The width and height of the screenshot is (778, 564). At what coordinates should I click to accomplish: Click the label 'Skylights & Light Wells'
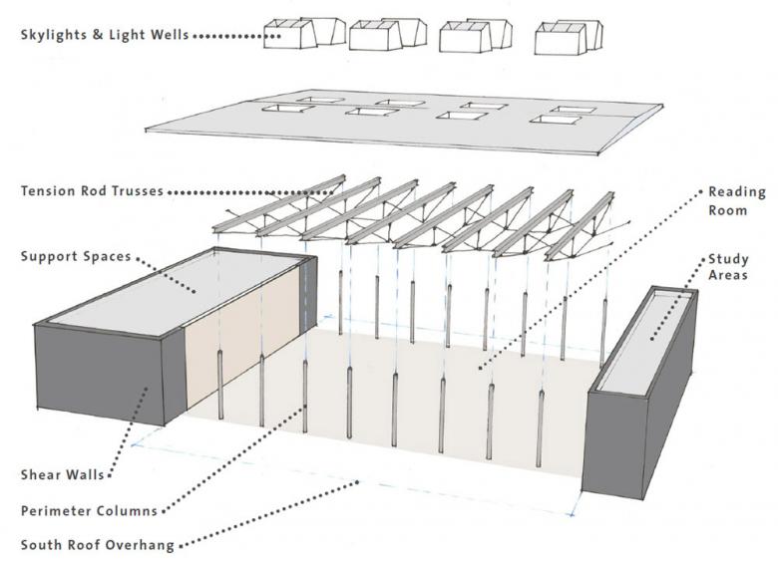click(x=104, y=37)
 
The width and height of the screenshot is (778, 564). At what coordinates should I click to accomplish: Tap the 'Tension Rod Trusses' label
click(x=92, y=191)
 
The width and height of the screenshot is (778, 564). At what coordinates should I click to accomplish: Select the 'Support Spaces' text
click(x=75, y=257)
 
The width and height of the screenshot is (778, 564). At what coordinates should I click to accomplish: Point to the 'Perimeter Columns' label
click(x=89, y=511)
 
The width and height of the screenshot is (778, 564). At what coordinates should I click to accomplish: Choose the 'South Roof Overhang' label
click(x=97, y=545)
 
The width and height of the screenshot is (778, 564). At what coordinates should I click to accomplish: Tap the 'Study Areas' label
click(x=729, y=267)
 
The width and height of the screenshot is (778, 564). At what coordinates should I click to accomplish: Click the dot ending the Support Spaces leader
click(x=194, y=289)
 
